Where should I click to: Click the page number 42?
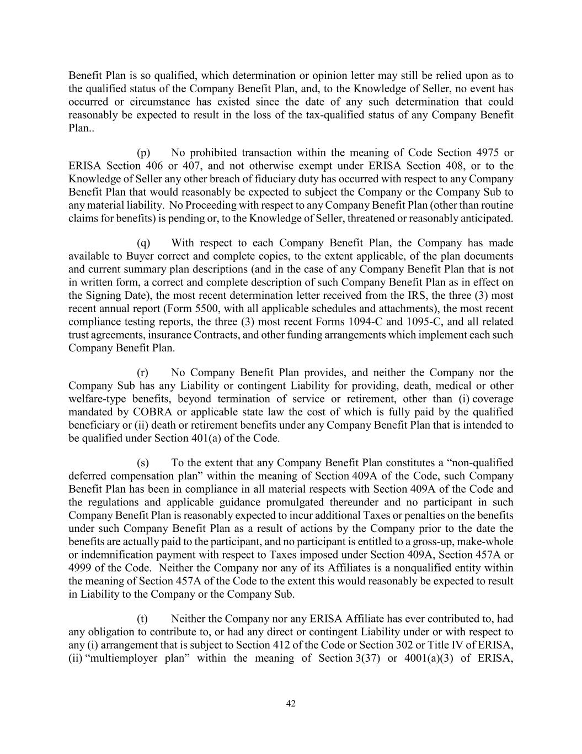click(291, 703)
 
